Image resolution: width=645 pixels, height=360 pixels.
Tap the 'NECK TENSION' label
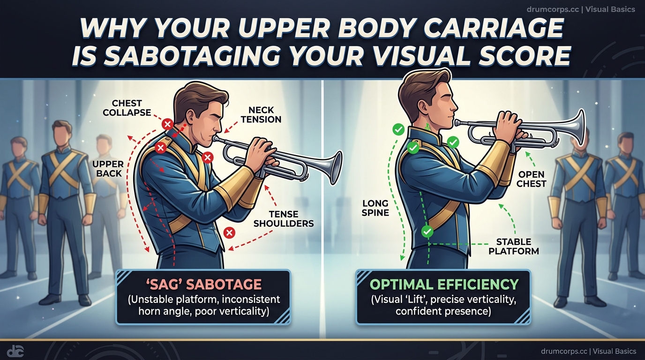point(261,114)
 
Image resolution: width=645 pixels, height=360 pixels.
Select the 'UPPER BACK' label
point(108,169)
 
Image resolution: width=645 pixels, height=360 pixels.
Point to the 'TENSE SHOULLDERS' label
point(284,218)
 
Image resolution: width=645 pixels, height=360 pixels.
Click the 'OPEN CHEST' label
point(532,179)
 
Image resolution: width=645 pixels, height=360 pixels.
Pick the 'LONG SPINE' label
point(375,208)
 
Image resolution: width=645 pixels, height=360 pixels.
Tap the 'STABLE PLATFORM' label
point(514,247)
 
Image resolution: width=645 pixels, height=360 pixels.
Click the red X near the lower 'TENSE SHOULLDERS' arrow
point(229,232)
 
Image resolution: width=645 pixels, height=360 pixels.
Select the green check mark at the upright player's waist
point(427,231)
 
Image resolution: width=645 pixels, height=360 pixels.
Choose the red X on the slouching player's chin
point(208,157)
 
